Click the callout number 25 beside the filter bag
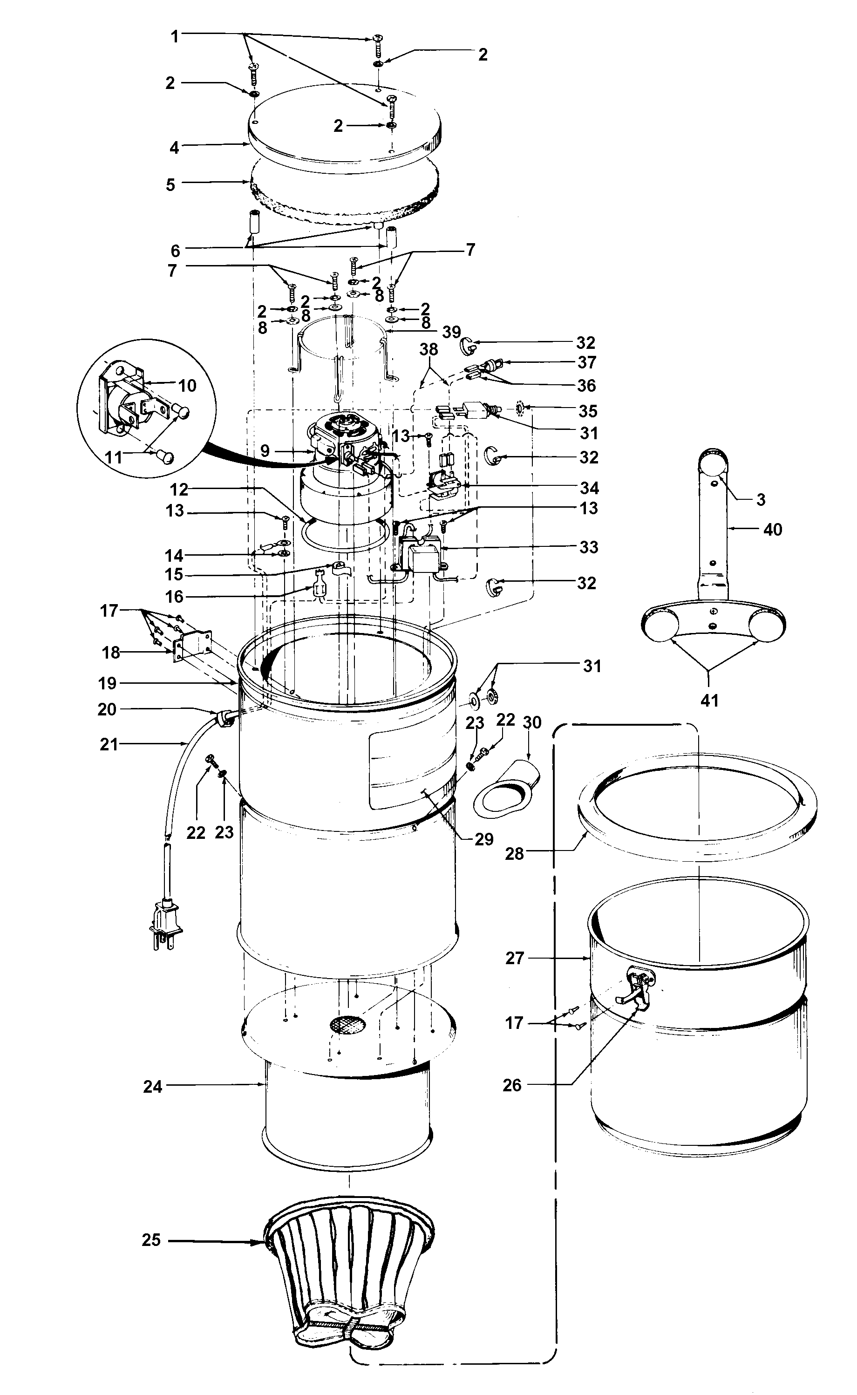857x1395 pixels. (151, 1240)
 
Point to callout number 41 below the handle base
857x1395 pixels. (709, 701)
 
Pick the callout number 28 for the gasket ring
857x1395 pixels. (514, 854)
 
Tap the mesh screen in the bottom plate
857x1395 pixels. (347, 1024)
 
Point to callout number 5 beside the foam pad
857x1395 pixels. (170, 185)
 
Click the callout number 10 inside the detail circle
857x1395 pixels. (187, 386)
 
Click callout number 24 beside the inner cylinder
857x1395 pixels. (152, 1087)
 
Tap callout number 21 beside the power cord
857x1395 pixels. (109, 744)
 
